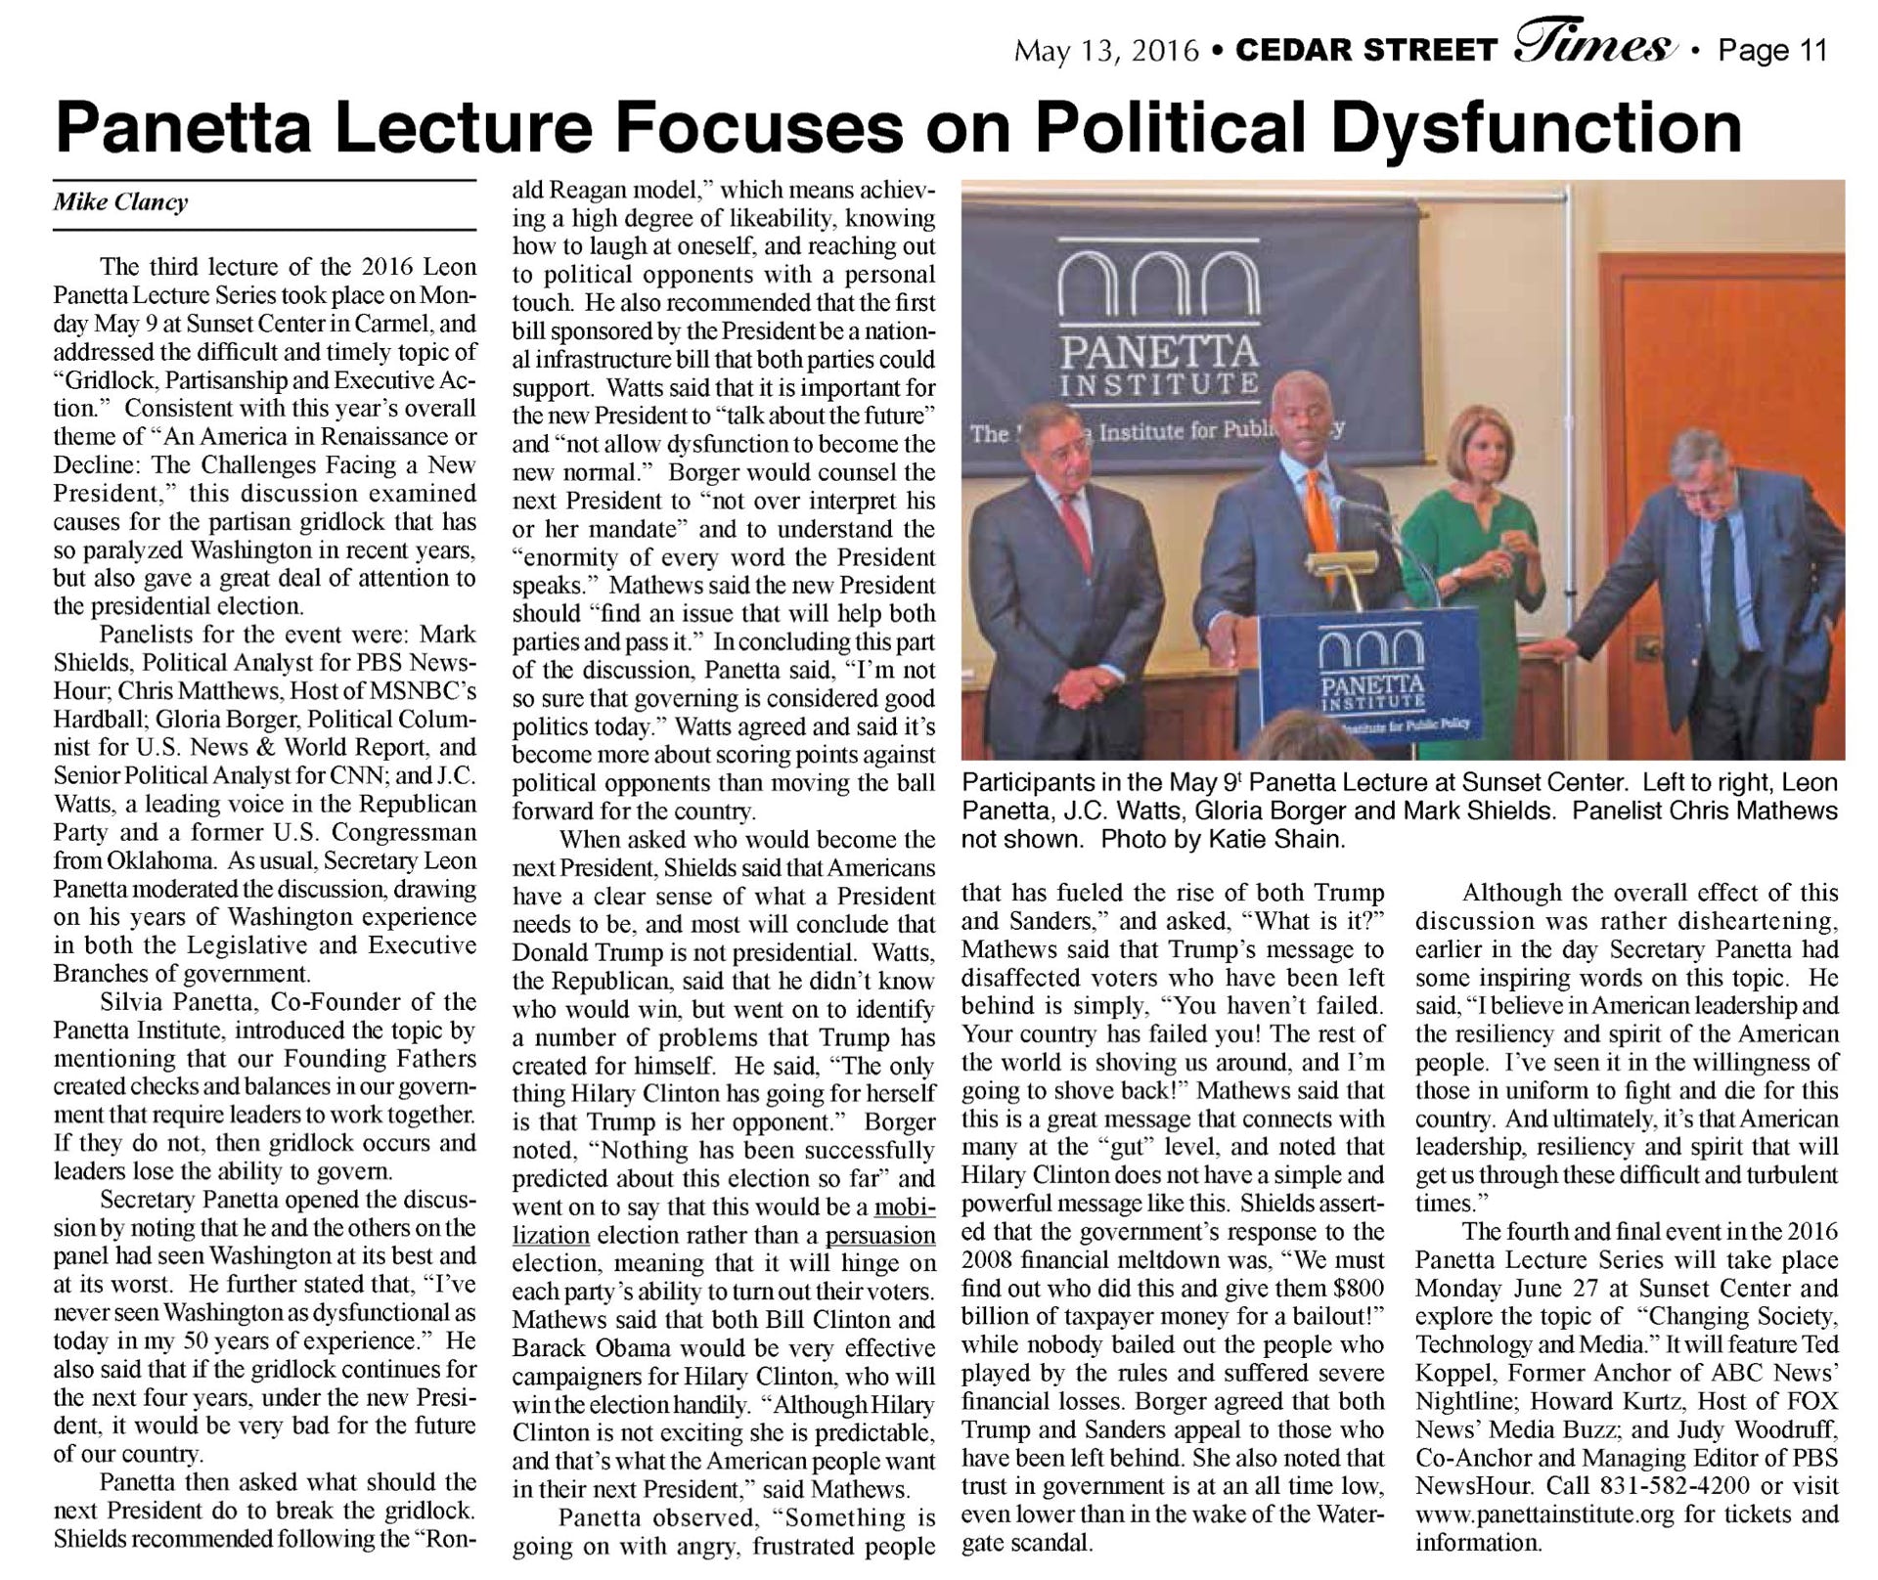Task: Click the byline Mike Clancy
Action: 120,202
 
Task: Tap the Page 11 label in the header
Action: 1772,50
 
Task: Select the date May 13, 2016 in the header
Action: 1106,50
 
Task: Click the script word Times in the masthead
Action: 1592,45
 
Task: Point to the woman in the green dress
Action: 1471,548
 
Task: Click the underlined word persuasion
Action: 880,1235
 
